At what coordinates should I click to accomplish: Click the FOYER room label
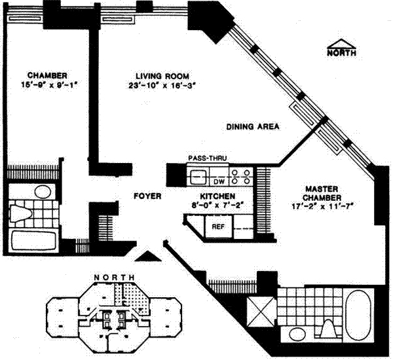(147, 196)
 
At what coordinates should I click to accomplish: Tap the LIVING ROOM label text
(162, 76)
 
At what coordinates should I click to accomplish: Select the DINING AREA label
(253, 126)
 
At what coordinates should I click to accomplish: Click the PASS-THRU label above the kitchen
(207, 158)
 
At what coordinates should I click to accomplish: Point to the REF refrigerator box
(218, 226)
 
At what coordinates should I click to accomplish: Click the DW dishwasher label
(219, 181)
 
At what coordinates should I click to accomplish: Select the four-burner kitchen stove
(241, 177)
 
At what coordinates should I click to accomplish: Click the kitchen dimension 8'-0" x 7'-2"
(217, 206)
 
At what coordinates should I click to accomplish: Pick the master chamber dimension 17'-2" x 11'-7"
(322, 207)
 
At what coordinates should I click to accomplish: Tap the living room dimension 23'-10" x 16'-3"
(162, 86)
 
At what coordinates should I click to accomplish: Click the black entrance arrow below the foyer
(148, 257)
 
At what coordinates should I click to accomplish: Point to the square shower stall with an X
(261, 312)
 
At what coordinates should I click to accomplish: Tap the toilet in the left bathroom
(20, 213)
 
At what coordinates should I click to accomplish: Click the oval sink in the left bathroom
(43, 192)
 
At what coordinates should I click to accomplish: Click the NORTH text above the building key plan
(115, 278)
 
